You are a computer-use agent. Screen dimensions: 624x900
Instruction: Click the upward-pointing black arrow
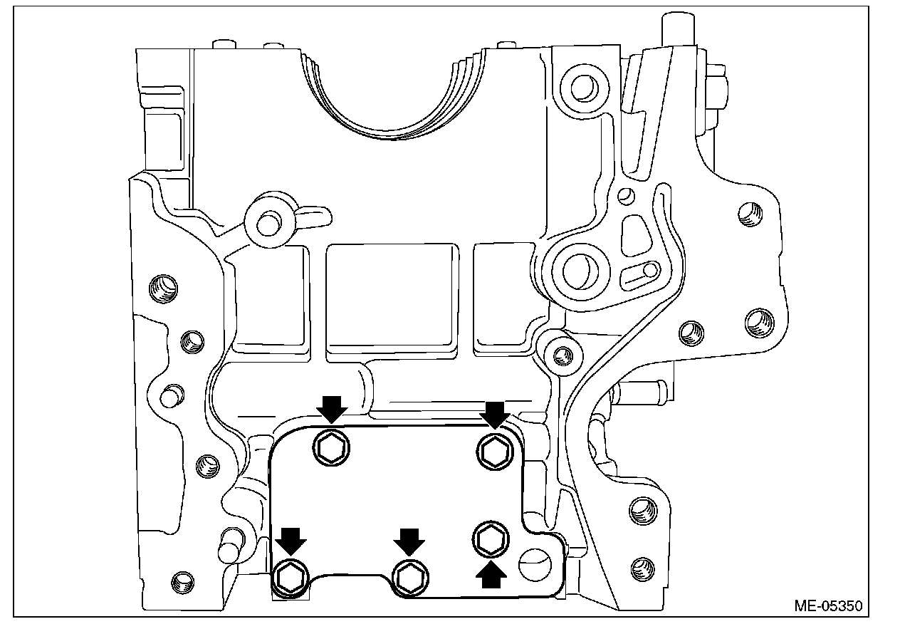click(x=491, y=574)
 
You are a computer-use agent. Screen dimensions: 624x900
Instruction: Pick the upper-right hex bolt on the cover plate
click(x=494, y=450)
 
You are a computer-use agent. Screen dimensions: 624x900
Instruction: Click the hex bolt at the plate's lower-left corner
click(x=291, y=576)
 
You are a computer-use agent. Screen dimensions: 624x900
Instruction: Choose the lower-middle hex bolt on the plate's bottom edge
click(x=410, y=576)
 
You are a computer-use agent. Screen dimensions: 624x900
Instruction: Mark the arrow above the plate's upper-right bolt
click(x=494, y=413)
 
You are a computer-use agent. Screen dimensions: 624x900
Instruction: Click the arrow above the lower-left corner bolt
click(x=291, y=541)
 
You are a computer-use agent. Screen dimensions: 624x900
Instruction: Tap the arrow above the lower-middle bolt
click(x=409, y=541)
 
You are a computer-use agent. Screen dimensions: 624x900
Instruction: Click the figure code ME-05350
click(x=828, y=607)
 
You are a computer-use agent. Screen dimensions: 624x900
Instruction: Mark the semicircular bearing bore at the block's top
click(x=389, y=100)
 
